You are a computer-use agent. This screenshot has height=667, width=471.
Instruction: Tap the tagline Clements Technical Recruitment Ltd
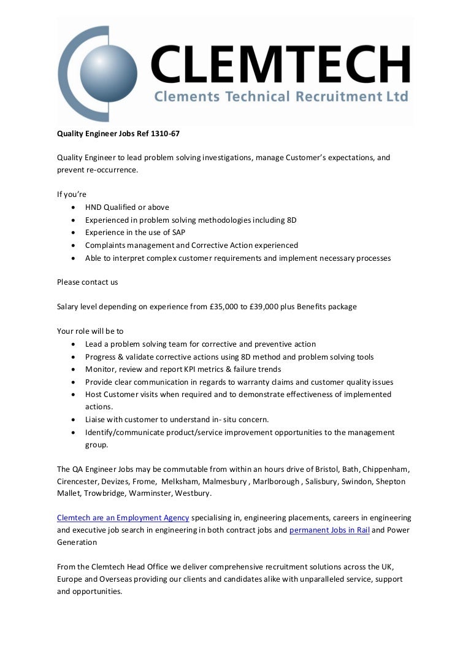click(280, 97)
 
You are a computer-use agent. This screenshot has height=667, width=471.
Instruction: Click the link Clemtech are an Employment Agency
click(123, 518)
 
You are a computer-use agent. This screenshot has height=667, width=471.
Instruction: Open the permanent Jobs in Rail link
click(329, 530)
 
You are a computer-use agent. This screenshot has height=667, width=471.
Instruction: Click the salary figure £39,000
click(268, 306)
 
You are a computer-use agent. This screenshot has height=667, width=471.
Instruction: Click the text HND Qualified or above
click(127, 207)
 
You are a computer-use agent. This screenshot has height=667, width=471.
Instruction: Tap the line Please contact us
click(88, 282)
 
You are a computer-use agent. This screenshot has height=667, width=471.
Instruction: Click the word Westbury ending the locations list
click(193, 494)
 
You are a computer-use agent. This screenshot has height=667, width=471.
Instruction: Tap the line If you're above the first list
click(72, 195)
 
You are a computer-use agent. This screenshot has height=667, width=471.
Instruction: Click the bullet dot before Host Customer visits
click(73, 395)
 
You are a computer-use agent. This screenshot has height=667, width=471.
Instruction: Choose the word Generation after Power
click(77, 542)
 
